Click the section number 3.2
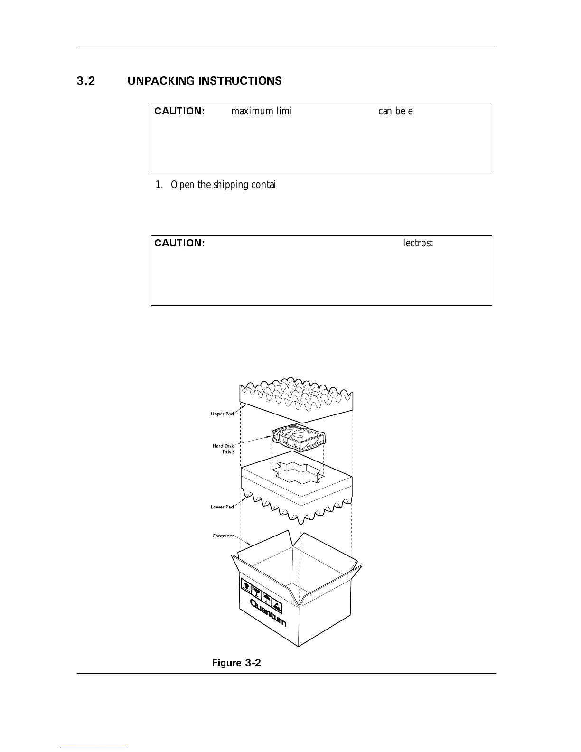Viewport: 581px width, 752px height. [86, 81]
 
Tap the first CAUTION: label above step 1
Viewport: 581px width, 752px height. [179, 111]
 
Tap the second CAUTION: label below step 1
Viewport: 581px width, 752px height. [179, 243]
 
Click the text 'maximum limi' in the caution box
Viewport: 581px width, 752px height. [261, 111]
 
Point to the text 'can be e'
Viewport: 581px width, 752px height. [395, 111]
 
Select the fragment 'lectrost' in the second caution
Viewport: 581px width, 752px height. [418, 243]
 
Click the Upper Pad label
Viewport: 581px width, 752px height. [222, 414]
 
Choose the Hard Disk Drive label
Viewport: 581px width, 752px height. [223, 449]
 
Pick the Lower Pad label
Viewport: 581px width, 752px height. [222, 507]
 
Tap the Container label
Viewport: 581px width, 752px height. [223, 536]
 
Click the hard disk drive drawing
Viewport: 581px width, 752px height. [298, 439]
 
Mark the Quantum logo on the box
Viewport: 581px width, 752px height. [268, 613]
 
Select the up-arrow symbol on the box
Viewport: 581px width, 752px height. [246, 585]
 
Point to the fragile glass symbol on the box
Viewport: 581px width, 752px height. [257, 592]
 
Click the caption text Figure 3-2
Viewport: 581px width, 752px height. [236, 663]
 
